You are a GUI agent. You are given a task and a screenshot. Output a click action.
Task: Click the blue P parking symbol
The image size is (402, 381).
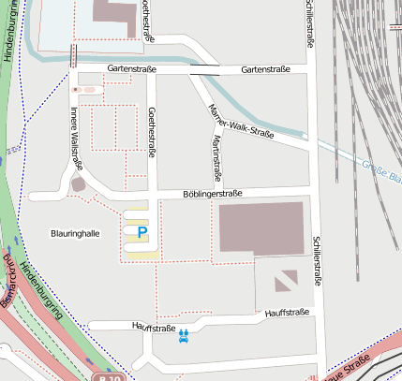click(142, 231)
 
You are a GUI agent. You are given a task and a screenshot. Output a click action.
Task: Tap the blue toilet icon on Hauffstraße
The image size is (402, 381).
click(184, 334)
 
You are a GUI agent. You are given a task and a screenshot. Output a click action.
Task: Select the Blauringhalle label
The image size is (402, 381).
click(75, 232)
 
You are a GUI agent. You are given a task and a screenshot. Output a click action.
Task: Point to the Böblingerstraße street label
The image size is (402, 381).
click(213, 194)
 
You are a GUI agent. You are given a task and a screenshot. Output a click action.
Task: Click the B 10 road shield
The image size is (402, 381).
click(110, 376)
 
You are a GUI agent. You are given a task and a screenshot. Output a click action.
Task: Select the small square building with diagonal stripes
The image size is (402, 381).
click(286, 278)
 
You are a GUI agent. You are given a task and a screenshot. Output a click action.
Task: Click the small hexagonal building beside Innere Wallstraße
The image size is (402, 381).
click(79, 184)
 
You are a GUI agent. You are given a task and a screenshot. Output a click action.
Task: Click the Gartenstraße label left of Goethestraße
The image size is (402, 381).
click(131, 69)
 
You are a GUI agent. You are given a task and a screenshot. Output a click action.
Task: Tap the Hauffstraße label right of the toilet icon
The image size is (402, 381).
click(287, 313)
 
